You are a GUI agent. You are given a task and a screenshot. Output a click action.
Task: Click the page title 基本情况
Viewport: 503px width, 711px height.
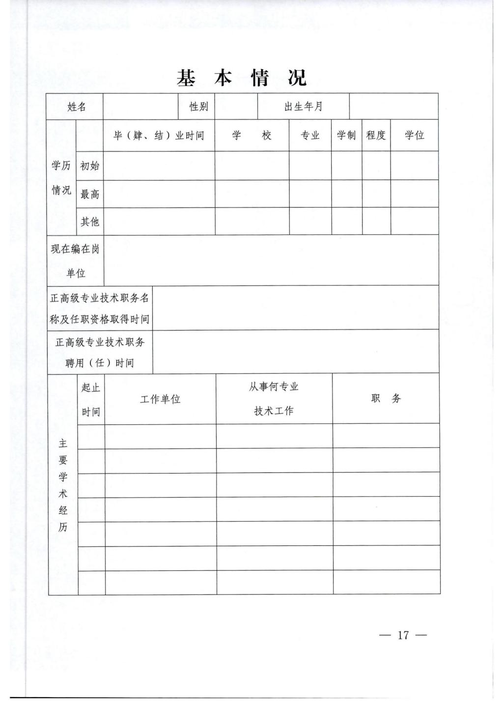(x=242, y=78)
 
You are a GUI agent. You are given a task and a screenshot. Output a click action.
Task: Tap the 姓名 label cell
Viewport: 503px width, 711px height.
(x=77, y=107)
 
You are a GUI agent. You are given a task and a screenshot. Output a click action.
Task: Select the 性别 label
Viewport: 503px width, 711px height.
(x=198, y=107)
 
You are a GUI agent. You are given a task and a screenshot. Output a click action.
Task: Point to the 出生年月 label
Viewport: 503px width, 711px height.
(x=303, y=107)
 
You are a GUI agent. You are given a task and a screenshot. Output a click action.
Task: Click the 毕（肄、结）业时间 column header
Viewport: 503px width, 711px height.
(x=159, y=136)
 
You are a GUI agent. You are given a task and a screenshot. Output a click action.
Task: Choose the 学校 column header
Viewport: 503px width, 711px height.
(x=251, y=136)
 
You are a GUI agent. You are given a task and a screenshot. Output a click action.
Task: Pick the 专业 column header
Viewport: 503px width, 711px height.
(x=310, y=136)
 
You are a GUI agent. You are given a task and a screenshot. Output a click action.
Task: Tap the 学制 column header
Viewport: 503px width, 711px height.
(x=346, y=135)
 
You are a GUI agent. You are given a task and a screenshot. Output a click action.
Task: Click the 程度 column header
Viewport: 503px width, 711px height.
(x=376, y=135)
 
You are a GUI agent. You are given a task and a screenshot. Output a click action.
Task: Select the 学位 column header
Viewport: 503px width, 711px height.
(x=414, y=135)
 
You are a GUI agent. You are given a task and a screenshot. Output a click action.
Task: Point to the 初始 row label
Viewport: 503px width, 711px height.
(x=89, y=166)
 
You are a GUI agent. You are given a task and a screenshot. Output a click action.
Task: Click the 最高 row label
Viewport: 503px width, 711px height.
(x=89, y=194)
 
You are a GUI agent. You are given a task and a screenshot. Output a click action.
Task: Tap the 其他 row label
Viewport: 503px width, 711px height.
(x=89, y=222)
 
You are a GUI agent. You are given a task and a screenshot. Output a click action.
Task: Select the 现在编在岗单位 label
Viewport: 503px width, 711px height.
(x=75, y=261)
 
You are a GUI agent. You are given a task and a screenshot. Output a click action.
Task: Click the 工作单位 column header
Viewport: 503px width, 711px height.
(x=160, y=399)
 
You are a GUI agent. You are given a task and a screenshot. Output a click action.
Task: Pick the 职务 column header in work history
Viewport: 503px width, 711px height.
(x=386, y=399)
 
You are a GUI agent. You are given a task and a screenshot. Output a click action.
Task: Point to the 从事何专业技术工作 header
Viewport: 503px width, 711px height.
(x=274, y=399)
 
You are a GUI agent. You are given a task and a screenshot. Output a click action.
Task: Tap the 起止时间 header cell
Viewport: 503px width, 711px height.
(x=91, y=399)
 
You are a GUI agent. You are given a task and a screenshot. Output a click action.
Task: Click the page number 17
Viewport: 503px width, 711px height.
(x=403, y=635)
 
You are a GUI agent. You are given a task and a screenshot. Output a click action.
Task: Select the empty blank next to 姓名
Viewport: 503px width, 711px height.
(x=140, y=107)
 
